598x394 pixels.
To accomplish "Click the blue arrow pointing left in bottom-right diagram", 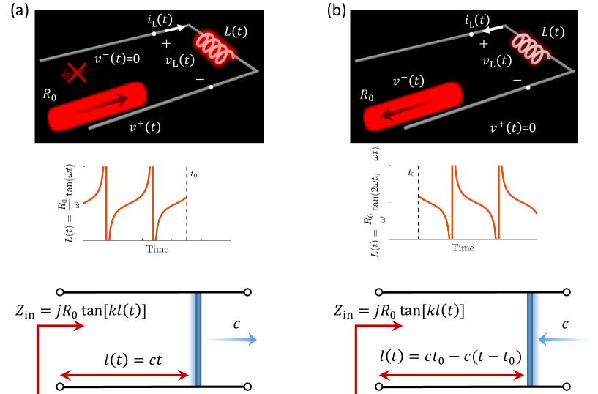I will (x=562, y=339).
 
